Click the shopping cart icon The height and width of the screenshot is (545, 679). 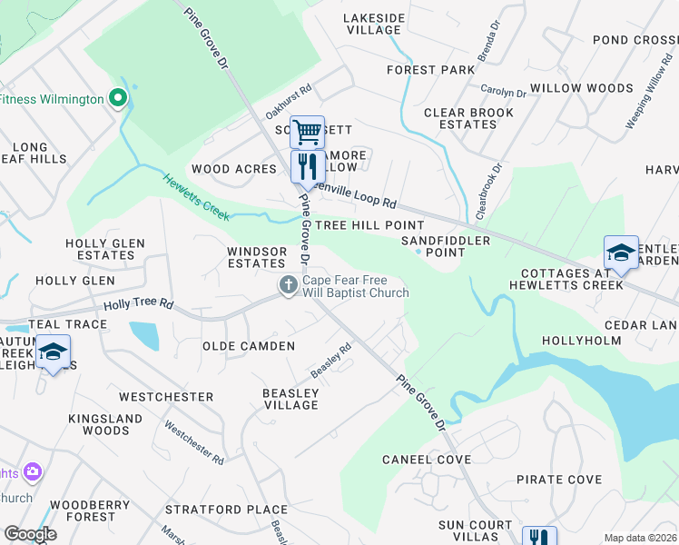[x=307, y=132]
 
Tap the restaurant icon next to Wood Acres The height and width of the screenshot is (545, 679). [x=307, y=166]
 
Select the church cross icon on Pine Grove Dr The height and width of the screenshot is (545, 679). [x=289, y=286]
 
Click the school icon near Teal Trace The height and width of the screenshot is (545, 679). [x=54, y=352]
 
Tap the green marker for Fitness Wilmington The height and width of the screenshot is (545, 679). [x=117, y=98]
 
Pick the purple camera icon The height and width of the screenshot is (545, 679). [x=34, y=471]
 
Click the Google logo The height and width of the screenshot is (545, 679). [x=30, y=534]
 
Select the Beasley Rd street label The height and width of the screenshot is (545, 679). [x=331, y=361]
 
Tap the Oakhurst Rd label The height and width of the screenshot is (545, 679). [x=289, y=102]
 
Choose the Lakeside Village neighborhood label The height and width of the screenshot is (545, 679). [x=373, y=24]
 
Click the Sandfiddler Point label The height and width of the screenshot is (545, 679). [x=446, y=246]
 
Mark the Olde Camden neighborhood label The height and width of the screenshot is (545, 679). [x=248, y=346]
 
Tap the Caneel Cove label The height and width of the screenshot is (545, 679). [x=427, y=460]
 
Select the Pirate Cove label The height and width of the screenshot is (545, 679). [x=558, y=480]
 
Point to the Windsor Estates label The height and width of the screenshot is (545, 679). [x=256, y=257]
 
